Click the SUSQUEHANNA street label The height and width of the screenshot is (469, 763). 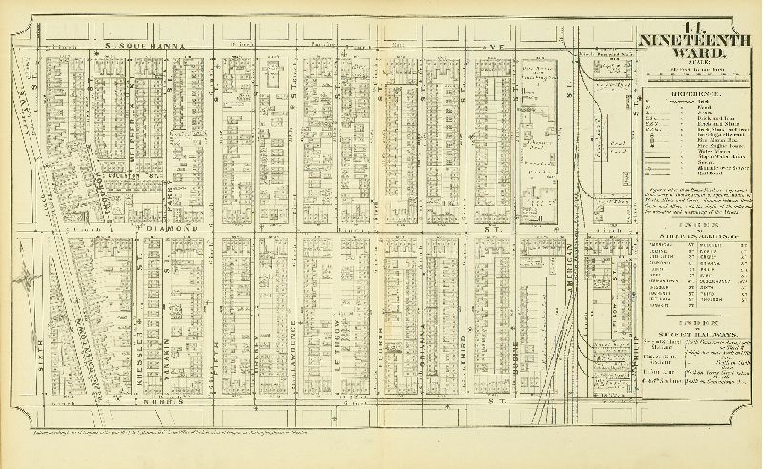[144, 45]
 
